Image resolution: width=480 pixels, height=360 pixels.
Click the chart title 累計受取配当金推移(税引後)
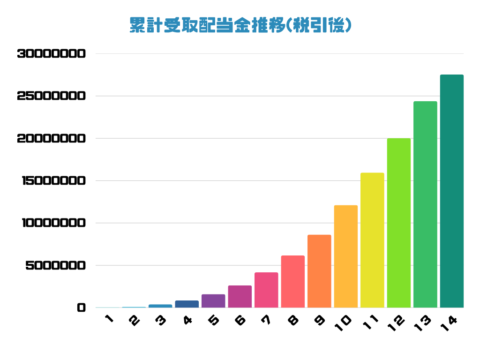pos(240,25)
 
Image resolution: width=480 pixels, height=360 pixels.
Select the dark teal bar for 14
pos(452,191)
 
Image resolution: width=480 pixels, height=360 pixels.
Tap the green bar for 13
pos(425,204)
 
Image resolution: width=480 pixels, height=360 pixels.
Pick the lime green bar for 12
pos(399,223)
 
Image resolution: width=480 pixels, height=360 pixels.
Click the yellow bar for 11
pos(372,240)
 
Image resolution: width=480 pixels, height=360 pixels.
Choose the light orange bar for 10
pos(346,256)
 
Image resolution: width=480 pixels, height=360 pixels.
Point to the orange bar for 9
pos(319,271)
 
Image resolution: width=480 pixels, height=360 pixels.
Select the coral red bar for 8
pos(293,282)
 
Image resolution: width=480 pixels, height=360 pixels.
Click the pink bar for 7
pos(266,290)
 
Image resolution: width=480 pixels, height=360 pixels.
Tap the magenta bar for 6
pos(240,297)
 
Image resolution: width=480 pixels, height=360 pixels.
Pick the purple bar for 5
pos(213,301)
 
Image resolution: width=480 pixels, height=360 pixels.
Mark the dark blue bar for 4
pos(187,304)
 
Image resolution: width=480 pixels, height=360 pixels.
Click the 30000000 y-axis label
pos(52,54)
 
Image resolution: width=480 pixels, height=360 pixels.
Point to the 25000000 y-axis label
pos(52,96)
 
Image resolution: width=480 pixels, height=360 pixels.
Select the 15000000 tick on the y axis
pos(54,180)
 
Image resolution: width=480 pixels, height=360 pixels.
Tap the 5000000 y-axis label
pos(56,265)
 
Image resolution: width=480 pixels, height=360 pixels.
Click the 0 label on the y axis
pos(82,307)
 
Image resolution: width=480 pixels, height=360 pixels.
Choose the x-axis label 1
pos(109,319)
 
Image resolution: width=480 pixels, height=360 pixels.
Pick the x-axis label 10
pos(343,323)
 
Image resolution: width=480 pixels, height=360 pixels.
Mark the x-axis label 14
pos(449,323)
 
